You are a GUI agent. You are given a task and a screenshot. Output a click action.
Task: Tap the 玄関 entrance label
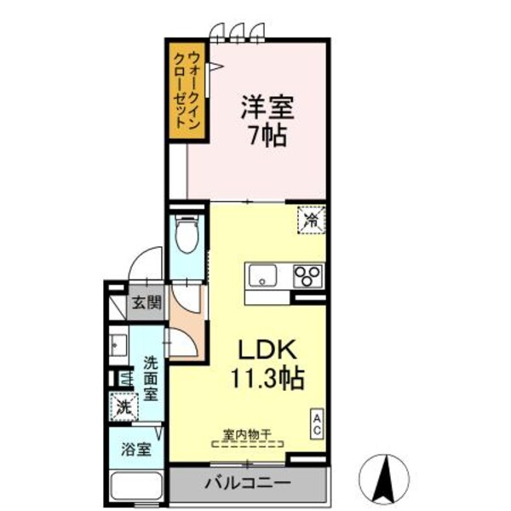coord(146,302)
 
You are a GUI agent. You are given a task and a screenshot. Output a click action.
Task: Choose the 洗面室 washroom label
coord(151,379)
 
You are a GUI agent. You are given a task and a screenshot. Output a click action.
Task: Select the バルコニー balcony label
coord(247,483)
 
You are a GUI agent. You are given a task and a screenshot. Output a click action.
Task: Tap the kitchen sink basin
coord(263,276)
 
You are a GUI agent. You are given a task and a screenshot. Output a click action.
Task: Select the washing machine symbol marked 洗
coord(123,407)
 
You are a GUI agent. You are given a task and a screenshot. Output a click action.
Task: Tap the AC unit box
coord(316,424)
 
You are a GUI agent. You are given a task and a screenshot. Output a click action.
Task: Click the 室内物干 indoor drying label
coord(247,433)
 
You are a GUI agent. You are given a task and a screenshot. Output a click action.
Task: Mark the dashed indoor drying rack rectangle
coord(247,444)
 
